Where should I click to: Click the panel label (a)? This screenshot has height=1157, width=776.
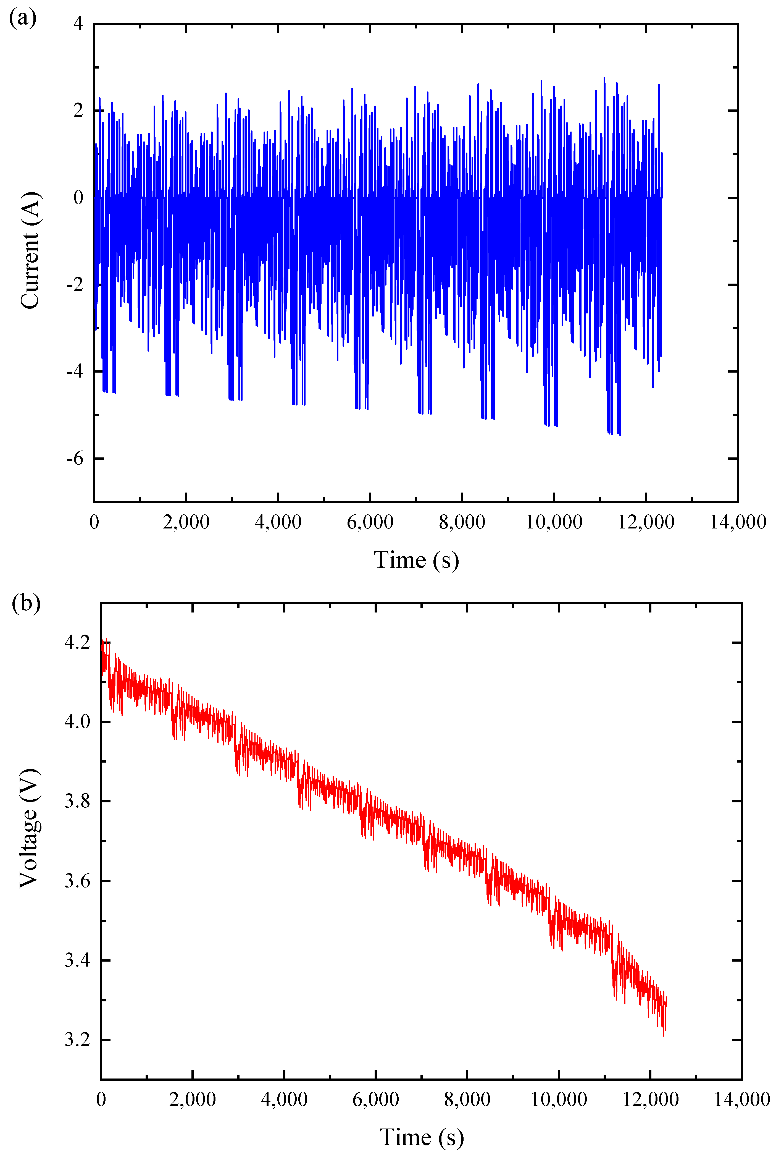[x=22, y=19]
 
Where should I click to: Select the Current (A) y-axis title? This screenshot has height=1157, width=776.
[x=30, y=250]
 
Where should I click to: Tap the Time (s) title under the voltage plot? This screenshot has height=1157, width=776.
[x=422, y=1137]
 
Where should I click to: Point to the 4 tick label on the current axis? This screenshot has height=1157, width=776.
[x=78, y=24]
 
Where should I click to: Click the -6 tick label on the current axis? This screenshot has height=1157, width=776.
[x=75, y=459]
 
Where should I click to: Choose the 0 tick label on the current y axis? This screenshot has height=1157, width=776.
[x=78, y=198]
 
